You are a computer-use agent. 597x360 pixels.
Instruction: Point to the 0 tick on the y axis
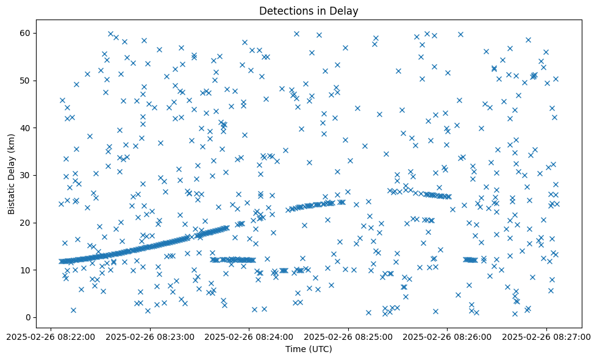click(27, 317)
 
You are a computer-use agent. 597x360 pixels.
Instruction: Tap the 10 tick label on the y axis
click(25, 270)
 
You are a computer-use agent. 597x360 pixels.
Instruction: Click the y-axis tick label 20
click(25, 223)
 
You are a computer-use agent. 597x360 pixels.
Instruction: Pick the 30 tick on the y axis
click(25, 175)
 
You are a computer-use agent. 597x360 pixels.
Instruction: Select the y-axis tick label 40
click(25, 128)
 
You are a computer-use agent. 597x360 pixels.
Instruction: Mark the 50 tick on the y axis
click(25, 81)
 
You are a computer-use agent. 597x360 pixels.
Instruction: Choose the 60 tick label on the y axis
click(25, 33)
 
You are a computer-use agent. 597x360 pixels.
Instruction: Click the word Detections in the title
click(284, 10)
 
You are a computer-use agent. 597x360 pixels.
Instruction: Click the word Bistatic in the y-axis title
click(12, 196)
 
